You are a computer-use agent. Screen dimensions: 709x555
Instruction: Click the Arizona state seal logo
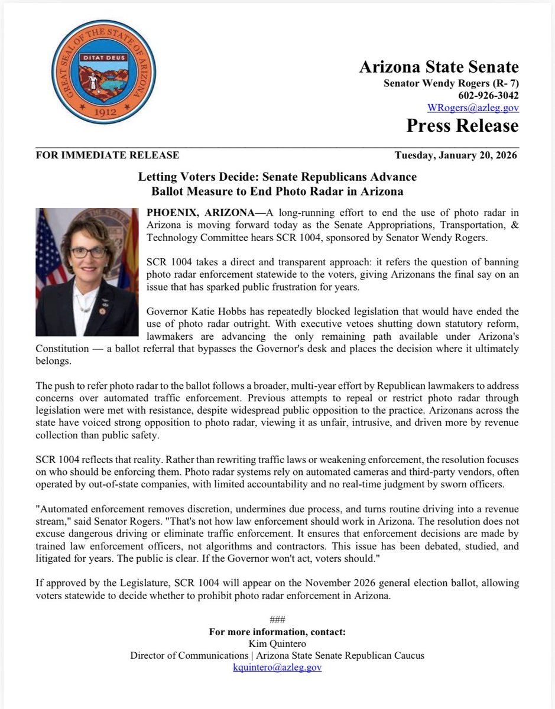98,70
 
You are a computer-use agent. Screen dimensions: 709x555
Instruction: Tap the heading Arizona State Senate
439,67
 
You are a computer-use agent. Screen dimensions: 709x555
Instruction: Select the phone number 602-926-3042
488,95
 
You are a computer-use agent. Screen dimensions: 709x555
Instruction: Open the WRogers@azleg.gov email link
473,108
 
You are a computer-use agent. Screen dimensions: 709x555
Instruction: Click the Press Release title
462,126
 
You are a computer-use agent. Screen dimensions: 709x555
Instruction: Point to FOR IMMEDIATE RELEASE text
108,155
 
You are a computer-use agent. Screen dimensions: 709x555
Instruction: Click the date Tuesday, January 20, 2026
456,155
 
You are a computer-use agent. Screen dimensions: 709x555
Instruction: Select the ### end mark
277,620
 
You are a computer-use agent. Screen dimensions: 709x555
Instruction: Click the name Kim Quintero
277,643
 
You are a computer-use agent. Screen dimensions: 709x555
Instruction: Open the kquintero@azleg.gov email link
277,667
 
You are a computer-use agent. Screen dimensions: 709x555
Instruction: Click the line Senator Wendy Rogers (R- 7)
451,83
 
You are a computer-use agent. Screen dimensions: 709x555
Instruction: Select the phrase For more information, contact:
277,632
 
